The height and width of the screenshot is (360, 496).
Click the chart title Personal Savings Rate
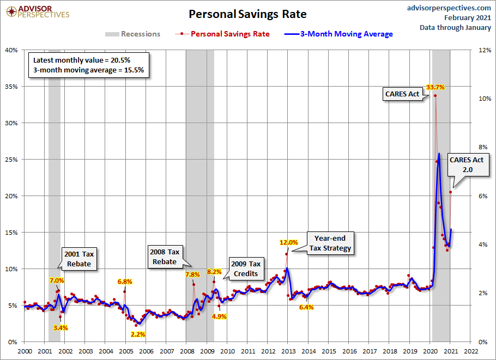pyautogui.click(x=247, y=14)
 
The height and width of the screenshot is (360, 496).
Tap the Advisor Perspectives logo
pyautogui.click(x=37, y=11)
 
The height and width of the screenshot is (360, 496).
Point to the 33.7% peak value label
pyautogui.click(x=435, y=87)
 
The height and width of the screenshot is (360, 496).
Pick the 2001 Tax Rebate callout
pyautogui.click(x=80, y=259)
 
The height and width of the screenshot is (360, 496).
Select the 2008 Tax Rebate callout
pyautogui.click(x=164, y=257)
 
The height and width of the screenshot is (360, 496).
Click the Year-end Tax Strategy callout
pyautogui.click(x=330, y=243)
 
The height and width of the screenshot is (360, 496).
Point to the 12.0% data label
pyautogui.click(x=289, y=242)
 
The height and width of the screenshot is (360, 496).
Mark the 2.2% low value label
pyautogui.click(x=138, y=334)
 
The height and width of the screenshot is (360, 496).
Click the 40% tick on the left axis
pyautogui.click(x=11, y=50)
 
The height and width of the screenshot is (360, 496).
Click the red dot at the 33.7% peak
pyautogui.click(x=435, y=96)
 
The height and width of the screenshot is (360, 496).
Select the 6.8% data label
pyautogui.click(x=125, y=282)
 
